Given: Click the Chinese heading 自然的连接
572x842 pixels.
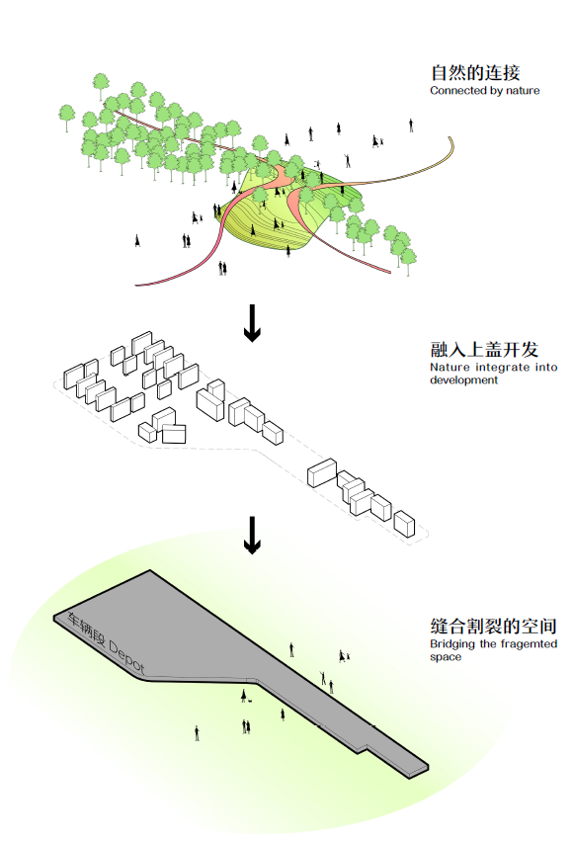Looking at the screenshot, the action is click(475, 72).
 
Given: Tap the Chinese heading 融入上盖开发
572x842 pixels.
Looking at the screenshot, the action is click(484, 350).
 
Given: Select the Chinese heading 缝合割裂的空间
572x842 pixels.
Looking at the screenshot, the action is click(493, 627).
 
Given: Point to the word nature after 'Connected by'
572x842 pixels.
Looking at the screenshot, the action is click(523, 91).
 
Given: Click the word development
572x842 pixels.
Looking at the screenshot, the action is click(463, 380).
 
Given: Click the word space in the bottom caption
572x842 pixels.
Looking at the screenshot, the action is click(446, 657).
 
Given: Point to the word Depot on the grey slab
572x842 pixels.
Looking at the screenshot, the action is click(126, 656).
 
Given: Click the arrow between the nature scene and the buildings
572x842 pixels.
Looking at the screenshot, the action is click(252, 323).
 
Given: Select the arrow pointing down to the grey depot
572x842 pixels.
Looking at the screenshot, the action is click(252, 535).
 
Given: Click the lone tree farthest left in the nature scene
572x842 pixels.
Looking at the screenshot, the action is click(66, 116).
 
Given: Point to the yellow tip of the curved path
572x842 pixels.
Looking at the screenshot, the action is click(451, 144).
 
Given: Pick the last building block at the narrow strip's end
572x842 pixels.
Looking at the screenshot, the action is click(404, 524).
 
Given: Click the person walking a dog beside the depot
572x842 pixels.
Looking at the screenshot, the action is click(244, 696).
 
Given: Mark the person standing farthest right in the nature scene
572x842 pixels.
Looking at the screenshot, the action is click(411, 126).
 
